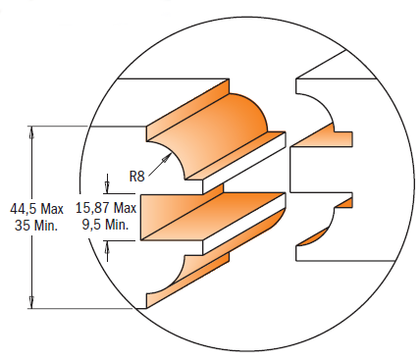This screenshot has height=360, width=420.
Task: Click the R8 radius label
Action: (138, 177)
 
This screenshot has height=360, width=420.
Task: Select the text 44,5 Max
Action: (36, 209)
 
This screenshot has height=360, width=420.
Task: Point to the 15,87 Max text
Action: (105, 208)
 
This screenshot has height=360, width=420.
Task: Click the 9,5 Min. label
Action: (106, 224)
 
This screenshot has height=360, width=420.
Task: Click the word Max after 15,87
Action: (125, 208)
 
